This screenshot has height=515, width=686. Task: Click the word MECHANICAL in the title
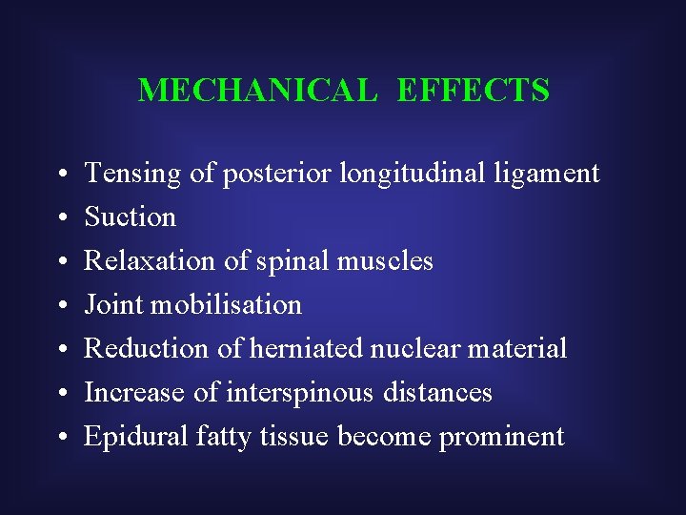pyautogui.click(x=257, y=91)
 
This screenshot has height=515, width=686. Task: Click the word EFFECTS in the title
pyautogui.click(x=473, y=91)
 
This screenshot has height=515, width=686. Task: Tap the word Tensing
pyautogui.click(x=132, y=174)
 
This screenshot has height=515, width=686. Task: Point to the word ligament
pyautogui.click(x=555, y=175)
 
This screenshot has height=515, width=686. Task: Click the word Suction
pyautogui.click(x=131, y=217)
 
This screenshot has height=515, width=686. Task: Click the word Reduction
pyautogui.click(x=148, y=348)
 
